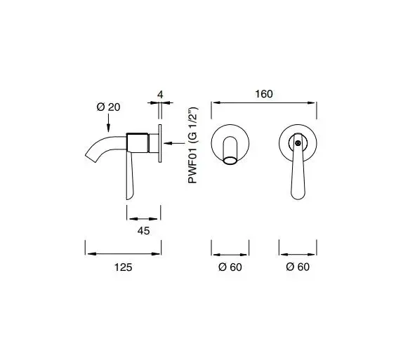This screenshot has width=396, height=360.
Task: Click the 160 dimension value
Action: pos(264,94)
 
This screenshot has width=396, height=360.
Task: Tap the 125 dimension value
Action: pos(124,267)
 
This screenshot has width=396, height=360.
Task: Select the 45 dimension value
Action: pos(143,231)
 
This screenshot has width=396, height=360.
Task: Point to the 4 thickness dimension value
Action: pos(160,95)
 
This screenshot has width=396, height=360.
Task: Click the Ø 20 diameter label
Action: pos(108,107)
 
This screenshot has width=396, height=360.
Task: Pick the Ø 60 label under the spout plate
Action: pos(230,267)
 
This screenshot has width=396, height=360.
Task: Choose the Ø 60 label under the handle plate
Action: pos(298,267)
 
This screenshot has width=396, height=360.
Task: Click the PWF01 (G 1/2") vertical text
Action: pos(193,145)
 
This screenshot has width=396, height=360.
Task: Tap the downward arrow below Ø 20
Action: pos(108,123)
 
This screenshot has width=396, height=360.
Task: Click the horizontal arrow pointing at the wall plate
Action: pos(174,143)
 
